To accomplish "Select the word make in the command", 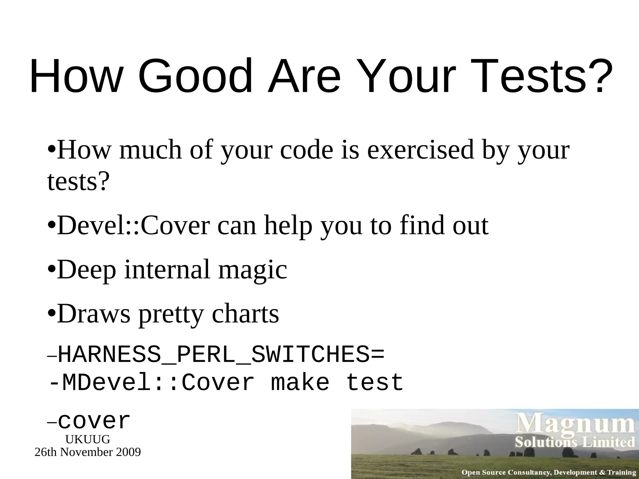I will point(300,383).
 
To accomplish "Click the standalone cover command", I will point(94,422).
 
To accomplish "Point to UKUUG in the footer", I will point(88,439).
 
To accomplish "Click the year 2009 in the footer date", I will point(128,452).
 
